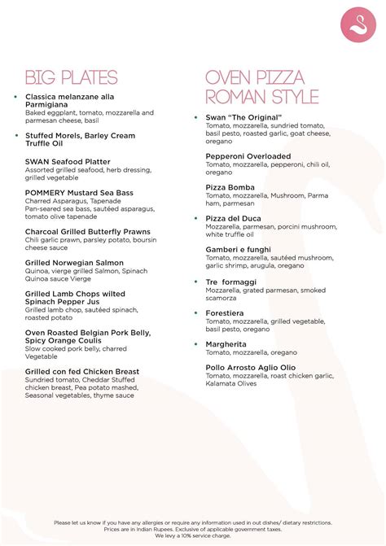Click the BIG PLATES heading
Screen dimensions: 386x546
[71, 78]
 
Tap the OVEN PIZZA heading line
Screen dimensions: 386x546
[255, 78]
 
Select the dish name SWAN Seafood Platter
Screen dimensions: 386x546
[68, 162]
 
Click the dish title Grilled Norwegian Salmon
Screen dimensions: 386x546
[74, 263]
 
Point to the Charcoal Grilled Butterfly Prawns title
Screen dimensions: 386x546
[87, 232]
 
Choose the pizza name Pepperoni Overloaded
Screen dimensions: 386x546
[248, 156]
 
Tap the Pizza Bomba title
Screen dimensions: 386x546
[230, 187]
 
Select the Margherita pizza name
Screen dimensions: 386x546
[228, 344]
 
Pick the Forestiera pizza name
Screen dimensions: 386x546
[225, 313]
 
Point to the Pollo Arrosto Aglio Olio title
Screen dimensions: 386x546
[256, 368]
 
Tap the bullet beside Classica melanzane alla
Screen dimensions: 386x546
[15, 97]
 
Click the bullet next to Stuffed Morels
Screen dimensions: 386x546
[15, 135]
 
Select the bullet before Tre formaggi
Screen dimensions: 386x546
[196, 282]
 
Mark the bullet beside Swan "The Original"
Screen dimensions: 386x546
[196, 117]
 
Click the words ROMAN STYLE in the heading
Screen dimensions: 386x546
[261, 98]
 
